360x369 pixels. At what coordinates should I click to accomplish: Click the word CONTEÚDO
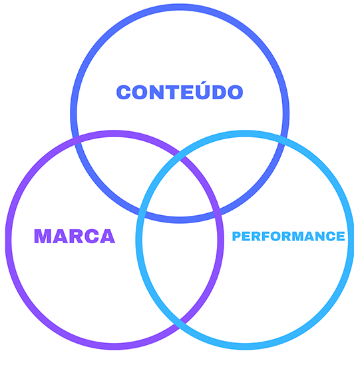point(180,91)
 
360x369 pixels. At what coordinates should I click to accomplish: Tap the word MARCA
point(75,236)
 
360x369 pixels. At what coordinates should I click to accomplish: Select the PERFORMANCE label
point(289,236)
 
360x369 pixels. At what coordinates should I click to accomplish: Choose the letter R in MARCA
point(76,236)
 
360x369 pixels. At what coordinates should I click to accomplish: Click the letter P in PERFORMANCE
point(236,236)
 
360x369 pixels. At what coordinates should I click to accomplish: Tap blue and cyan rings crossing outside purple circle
point(281,138)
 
